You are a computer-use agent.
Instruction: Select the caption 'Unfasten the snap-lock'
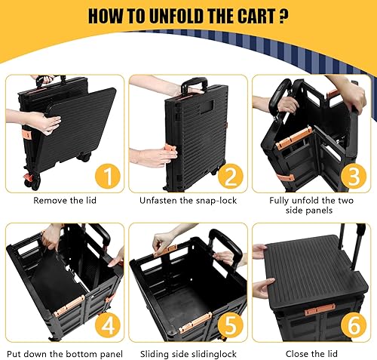pyautogui.click(x=188, y=202)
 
